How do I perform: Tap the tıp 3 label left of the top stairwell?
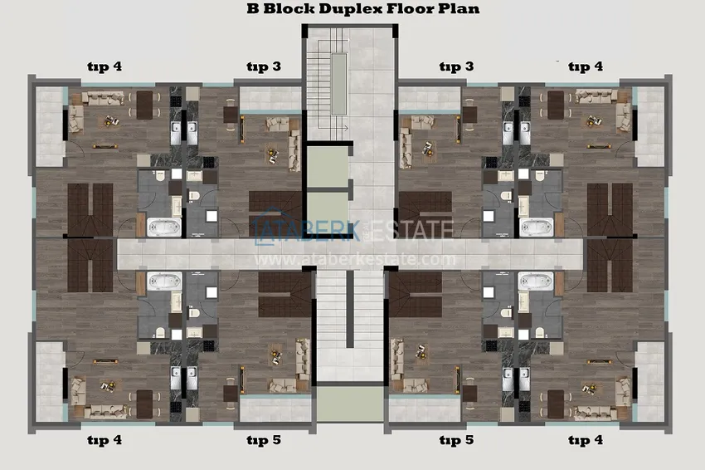[264, 66]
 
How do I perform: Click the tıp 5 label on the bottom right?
[456, 440]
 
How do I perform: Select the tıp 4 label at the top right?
[586, 66]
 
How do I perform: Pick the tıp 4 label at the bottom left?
[105, 440]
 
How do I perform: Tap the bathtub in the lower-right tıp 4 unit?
[535, 284]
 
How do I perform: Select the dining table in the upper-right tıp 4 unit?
[555, 105]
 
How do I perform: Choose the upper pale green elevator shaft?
[324, 169]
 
